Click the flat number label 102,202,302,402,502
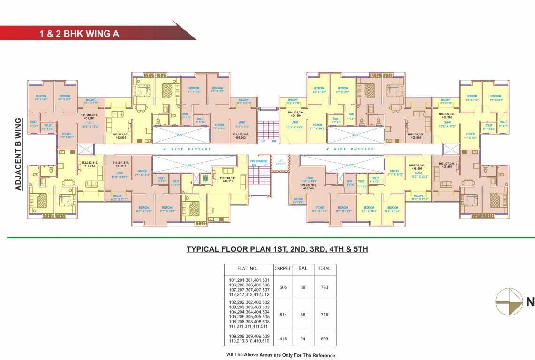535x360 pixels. coord(121,136)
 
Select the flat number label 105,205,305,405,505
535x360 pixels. coord(416,136)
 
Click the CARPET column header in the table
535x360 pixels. coord(282,269)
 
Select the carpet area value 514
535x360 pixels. coord(282,315)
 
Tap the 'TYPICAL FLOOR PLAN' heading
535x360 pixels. coord(277,249)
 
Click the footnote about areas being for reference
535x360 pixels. coord(280,355)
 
